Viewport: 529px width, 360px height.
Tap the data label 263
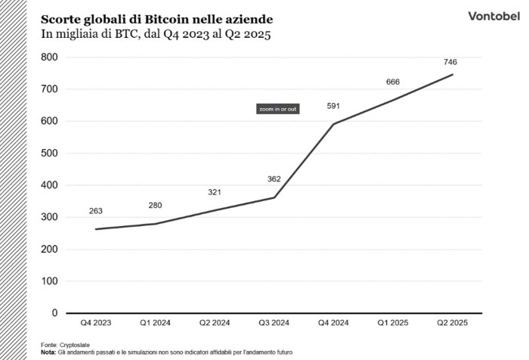click(95, 212)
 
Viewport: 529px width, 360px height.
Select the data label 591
click(333, 106)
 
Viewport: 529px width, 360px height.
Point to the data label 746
click(452, 62)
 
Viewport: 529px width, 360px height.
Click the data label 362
click(274, 179)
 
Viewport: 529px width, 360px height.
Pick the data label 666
click(392, 82)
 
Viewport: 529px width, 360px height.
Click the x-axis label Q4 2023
click(96, 323)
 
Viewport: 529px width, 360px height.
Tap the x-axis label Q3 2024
click(274, 323)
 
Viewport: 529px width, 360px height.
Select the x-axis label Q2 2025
click(453, 323)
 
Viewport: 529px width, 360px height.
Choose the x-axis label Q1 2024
click(155, 323)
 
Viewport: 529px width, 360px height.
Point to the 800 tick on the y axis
click(49, 57)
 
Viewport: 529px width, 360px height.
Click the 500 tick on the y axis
click(49, 154)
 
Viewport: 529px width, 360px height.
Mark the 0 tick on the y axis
click(54, 313)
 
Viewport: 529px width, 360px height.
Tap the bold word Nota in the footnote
click(48, 352)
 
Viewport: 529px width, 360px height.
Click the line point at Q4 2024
click(333, 124)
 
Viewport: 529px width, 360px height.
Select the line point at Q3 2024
click(274, 197)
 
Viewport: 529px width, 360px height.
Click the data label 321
click(215, 193)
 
